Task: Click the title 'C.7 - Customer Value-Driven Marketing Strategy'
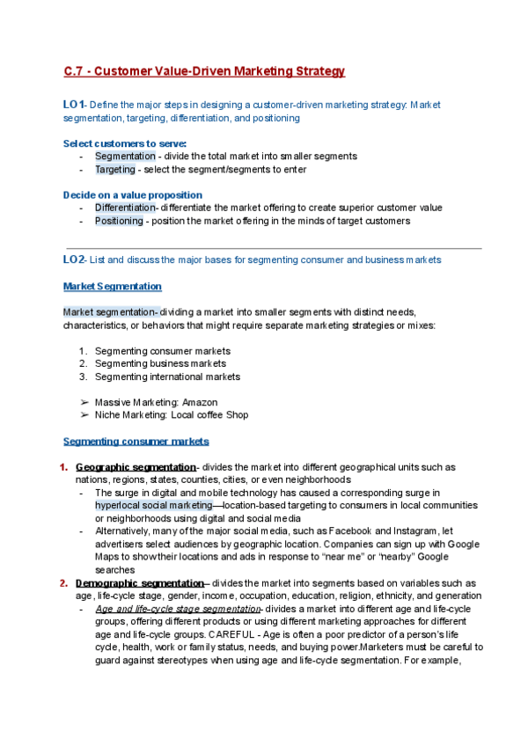[204, 71]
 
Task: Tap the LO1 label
[73, 105]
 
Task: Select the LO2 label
[74, 260]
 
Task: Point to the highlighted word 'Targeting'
[114, 169]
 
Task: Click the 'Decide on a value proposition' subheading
[132, 194]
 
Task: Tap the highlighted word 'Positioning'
[119, 221]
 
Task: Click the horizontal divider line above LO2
[273, 248]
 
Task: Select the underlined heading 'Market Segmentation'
[112, 286]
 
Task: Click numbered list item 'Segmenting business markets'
[160, 363]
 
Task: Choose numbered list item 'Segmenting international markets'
[167, 377]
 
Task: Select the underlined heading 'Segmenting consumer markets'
[136, 441]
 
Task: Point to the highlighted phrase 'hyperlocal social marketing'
[153, 506]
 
